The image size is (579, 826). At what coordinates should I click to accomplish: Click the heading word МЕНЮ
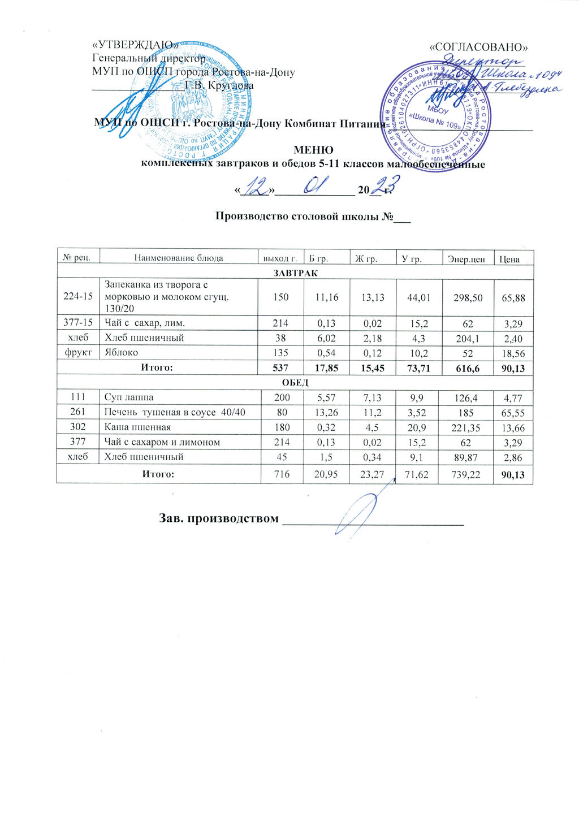(313, 150)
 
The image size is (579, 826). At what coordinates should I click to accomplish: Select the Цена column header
(509, 259)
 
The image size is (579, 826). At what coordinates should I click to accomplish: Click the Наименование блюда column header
(178, 258)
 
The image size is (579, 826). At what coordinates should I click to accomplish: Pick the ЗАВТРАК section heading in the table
(295, 273)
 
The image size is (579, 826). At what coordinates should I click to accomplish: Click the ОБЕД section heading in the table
(295, 383)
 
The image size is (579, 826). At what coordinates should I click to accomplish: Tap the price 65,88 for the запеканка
(513, 297)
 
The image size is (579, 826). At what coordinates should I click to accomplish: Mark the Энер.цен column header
(466, 259)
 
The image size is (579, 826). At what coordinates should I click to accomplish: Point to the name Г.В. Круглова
(220, 86)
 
